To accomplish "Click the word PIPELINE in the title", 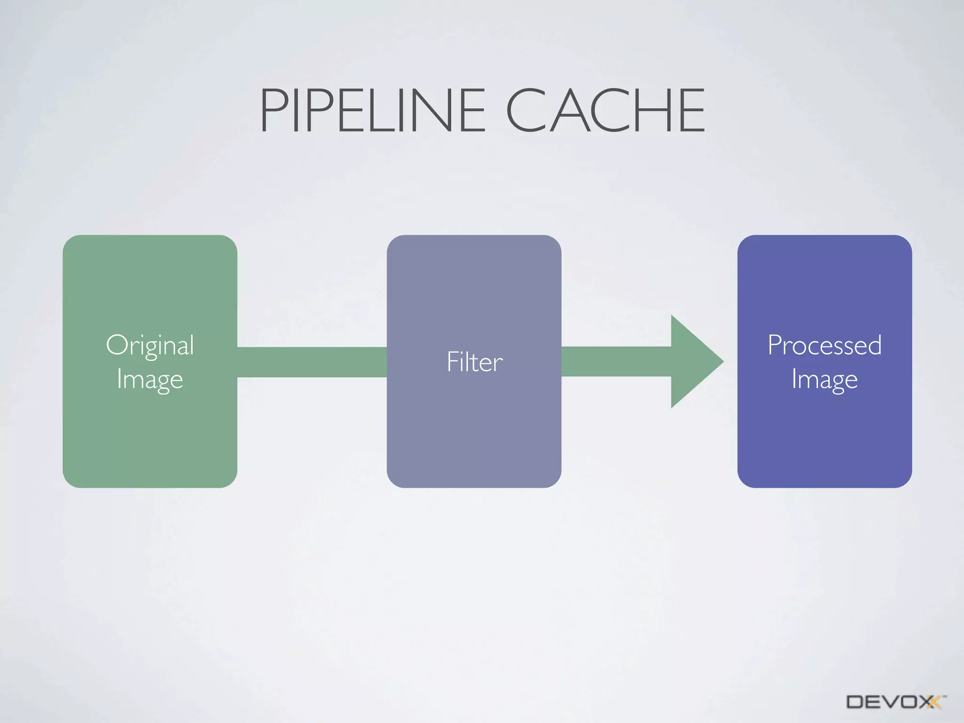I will click(372, 111).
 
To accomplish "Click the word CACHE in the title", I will click(605, 111).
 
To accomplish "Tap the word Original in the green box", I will click(150, 346).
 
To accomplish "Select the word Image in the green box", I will click(150, 379).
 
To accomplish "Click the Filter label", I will click(474, 362).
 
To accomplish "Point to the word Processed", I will click(824, 345).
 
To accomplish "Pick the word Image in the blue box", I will click(824, 379).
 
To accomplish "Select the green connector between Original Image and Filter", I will click(312, 362).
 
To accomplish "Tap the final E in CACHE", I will click(692, 111).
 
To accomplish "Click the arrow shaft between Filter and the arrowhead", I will click(616, 361).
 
